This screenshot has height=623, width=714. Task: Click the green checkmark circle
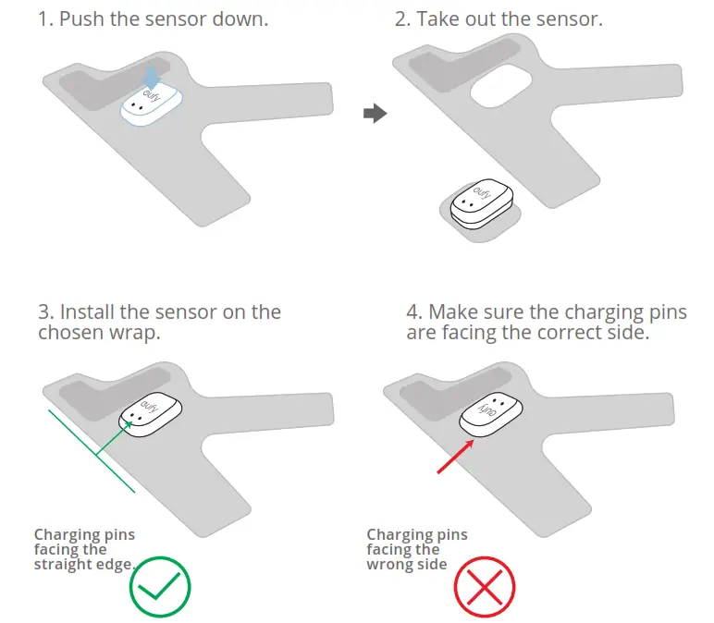tap(160, 585)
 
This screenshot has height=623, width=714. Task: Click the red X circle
tap(484, 586)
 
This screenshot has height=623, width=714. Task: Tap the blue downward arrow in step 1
tap(153, 79)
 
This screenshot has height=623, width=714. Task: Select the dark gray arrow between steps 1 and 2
tap(374, 114)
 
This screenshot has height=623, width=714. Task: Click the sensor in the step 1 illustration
tap(154, 104)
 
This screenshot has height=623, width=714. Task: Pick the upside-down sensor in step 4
tap(492, 413)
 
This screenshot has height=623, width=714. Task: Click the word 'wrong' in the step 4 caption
tap(392, 564)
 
